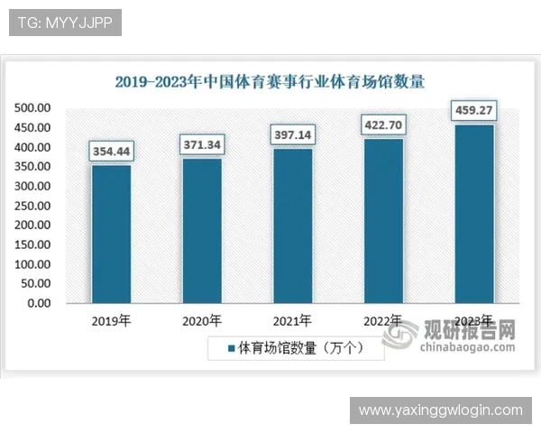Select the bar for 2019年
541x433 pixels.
tap(111, 234)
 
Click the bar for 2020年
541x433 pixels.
tap(202, 230)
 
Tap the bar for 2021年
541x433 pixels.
tap(293, 226)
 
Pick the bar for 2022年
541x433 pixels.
tap(383, 220)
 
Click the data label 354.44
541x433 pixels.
tap(111, 152)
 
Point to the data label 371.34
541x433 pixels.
tap(202, 144)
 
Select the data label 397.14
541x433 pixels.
tap(293, 134)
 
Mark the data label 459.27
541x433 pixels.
tap(474, 111)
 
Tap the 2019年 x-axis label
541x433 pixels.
tap(111, 320)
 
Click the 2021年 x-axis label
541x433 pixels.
tap(293, 320)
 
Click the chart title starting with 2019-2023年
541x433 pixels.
tap(270, 82)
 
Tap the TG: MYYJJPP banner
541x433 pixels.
tap(64, 23)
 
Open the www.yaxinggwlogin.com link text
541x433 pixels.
tap(440, 410)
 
